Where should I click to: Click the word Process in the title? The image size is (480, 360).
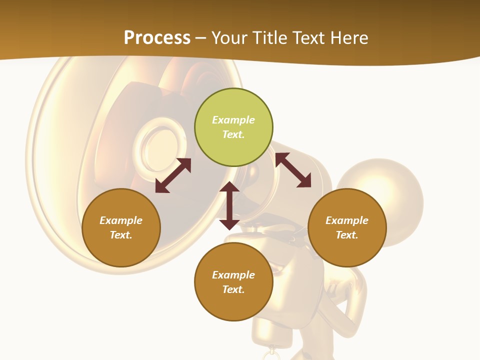[x=157, y=38]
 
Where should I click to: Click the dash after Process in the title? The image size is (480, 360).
[x=201, y=39]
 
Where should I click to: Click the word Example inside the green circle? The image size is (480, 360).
[x=233, y=120]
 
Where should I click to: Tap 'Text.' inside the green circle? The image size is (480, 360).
[x=233, y=134]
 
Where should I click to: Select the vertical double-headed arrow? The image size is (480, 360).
[x=229, y=205]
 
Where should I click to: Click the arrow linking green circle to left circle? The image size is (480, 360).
[x=173, y=175]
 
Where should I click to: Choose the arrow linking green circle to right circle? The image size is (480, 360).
[x=293, y=170]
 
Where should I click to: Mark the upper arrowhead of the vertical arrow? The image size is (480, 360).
[x=229, y=187]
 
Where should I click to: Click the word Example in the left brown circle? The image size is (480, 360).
[x=121, y=220]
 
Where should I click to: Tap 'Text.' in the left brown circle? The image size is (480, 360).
[x=121, y=235]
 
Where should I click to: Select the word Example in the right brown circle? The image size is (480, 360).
[x=347, y=220]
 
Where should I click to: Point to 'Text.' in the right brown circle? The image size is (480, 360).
[x=347, y=235]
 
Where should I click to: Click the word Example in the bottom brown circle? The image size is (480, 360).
[x=233, y=275]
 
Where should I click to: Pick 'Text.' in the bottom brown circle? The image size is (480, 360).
[x=233, y=289]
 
